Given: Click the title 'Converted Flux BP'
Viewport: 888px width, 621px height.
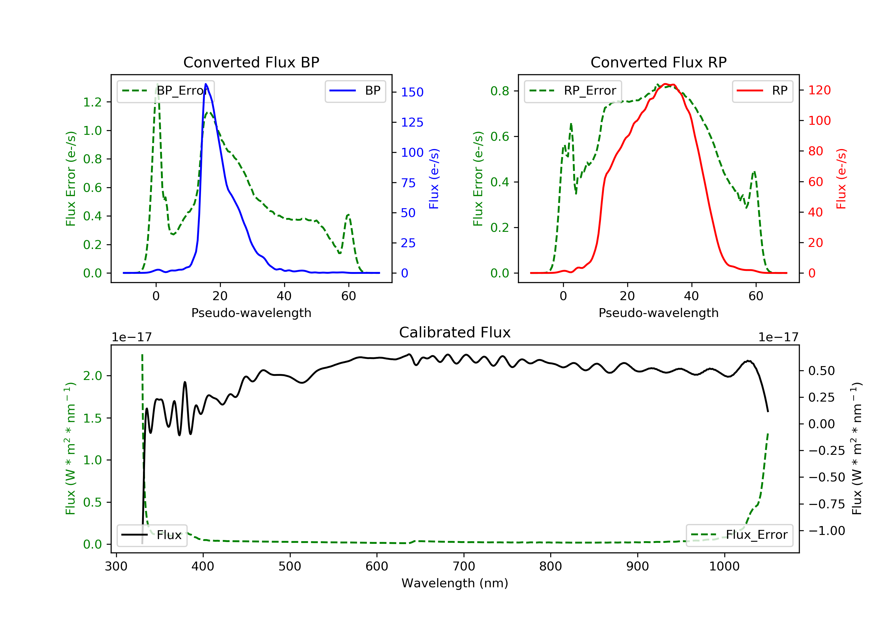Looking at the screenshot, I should [251, 62].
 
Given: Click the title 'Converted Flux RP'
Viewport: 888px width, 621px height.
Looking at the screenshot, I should [658, 62].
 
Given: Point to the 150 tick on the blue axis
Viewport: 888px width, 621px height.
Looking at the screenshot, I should [412, 92].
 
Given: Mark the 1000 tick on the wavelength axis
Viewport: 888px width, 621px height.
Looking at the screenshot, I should [724, 567].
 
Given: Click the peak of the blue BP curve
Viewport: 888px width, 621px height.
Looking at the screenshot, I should [206, 84].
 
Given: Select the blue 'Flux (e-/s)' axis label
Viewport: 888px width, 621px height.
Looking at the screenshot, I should [434, 179].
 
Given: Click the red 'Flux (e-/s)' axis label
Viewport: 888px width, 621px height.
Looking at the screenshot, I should [841, 179].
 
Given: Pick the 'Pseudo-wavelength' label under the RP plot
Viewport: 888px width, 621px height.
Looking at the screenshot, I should [658, 313].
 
